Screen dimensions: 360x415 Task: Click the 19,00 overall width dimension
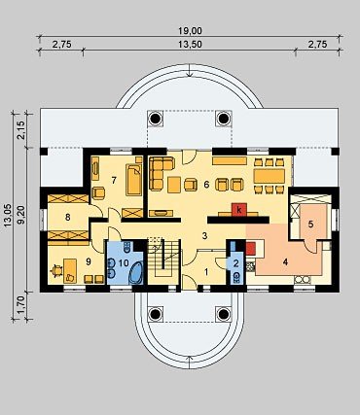190,31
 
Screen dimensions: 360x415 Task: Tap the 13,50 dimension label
190,45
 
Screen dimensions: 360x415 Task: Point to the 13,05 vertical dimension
8,215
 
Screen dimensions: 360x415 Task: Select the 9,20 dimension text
21,214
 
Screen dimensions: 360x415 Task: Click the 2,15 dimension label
21,130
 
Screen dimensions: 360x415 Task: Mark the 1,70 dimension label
21,306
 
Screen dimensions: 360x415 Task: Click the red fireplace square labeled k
239,210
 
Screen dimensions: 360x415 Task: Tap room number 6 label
206,185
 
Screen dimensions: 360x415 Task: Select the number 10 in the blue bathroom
124,263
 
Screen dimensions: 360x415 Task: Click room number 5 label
310,224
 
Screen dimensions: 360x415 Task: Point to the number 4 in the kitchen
285,262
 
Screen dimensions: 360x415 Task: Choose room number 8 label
67,217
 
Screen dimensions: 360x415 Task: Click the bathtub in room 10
136,273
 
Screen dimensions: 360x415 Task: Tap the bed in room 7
134,180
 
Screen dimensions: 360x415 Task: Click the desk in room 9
70,270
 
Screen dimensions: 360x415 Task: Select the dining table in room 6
270,176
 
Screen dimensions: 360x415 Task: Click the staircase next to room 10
163,262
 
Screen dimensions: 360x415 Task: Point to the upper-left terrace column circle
156,119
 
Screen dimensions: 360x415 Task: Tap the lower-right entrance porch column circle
224,314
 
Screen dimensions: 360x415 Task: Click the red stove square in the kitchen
250,248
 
